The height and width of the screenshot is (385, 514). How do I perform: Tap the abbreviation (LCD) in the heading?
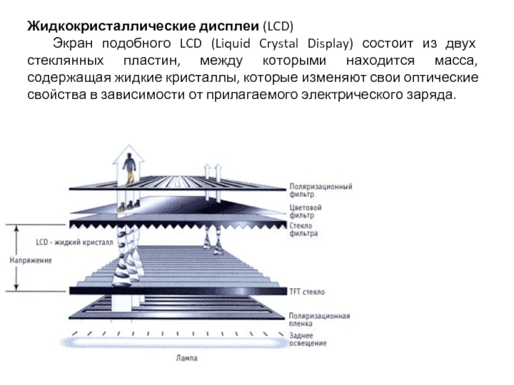click(x=278, y=26)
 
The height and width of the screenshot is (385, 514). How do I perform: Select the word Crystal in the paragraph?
click(x=279, y=44)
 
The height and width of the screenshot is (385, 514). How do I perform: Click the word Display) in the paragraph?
click(x=330, y=44)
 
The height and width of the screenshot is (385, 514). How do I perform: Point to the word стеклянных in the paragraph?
click(x=66, y=61)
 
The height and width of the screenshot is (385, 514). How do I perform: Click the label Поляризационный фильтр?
click(x=321, y=190)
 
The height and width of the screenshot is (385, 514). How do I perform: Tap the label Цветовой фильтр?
click(x=306, y=211)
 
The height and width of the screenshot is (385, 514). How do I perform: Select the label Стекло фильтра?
click(x=303, y=229)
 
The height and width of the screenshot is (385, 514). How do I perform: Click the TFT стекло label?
click(x=307, y=292)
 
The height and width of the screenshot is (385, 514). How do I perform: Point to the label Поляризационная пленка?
click(x=319, y=320)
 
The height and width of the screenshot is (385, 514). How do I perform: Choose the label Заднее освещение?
click(x=308, y=339)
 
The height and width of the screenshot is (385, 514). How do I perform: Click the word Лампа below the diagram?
click(x=187, y=358)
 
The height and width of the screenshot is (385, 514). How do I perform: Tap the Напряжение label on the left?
click(x=31, y=261)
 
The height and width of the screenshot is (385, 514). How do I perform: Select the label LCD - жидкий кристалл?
click(x=75, y=243)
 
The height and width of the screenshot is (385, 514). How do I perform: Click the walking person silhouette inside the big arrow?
click(x=129, y=169)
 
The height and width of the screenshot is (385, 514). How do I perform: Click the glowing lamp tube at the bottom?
click(x=173, y=343)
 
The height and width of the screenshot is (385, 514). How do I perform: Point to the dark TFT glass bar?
click(x=178, y=291)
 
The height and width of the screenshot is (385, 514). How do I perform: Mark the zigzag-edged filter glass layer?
click(x=178, y=225)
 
